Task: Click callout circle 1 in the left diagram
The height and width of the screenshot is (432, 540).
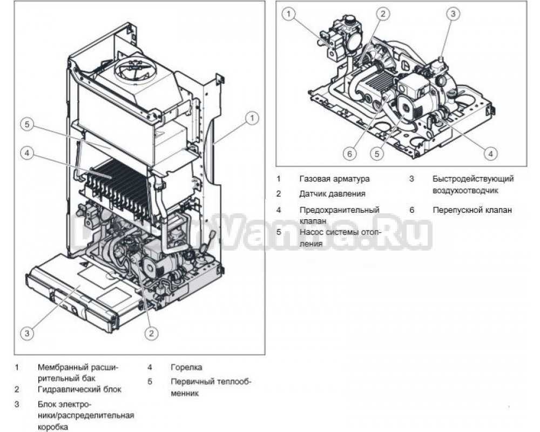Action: click(x=252, y=117)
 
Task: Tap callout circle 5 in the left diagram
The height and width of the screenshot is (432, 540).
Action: click(x=27, y=124)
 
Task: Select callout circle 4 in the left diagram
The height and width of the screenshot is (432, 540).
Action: click(x=27, y=153)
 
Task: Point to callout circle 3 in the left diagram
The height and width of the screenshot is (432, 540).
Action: click(x=27, y=333)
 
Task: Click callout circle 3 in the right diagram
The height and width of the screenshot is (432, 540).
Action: click(x=453, y=14)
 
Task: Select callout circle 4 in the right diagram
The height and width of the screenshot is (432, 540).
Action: click(x=490, y=154)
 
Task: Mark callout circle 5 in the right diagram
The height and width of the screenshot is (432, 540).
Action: click(x=377, y=154)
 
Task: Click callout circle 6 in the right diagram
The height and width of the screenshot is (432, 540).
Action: click(x=349, y=154)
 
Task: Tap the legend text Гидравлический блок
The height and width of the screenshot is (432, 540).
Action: click(x=79, y=389)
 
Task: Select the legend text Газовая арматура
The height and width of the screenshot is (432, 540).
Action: click(x=334, y=179)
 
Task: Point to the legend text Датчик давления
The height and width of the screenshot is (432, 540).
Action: click(x=332, y=193)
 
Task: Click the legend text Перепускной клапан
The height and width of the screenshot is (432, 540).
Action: click(x=471, y=210)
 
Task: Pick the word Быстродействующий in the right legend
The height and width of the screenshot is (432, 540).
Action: click(x=473, y=179)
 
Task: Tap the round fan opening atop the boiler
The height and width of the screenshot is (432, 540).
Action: click(x=132, y=69)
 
